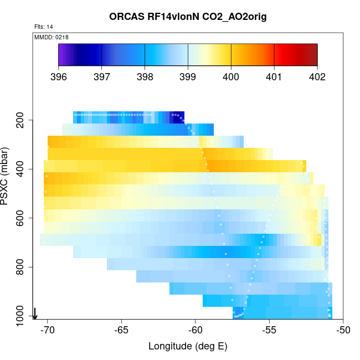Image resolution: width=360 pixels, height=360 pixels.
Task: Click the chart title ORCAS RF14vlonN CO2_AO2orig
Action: point(188,17)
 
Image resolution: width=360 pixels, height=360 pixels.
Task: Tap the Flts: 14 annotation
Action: point(43,27)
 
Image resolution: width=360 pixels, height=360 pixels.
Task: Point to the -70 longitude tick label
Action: point(48,330)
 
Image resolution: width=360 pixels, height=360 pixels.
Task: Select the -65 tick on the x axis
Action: point(121,330)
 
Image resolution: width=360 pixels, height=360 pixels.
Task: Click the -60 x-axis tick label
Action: point(196,330)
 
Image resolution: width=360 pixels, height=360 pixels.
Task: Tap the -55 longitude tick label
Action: point(269,330)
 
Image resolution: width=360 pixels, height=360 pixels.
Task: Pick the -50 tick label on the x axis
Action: point(343,330)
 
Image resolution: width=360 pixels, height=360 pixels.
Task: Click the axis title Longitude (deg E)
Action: point(188,347)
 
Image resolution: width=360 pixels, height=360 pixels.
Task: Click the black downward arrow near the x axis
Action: point(35,314)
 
